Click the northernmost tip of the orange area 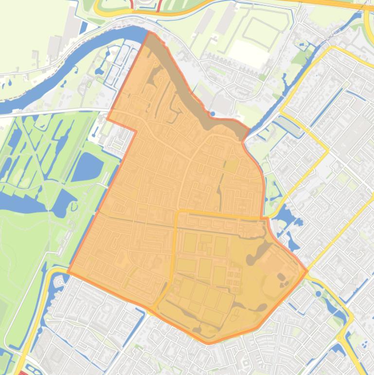(x=150, y=33)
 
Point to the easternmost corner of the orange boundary (x=307, y=271)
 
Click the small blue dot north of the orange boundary (x=213, y=113)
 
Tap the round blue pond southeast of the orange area (x=318, y=294)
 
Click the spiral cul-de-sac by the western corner (x=60, y=282)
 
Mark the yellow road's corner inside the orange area (x=178, y=212)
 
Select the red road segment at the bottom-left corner (x=22, y=373)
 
